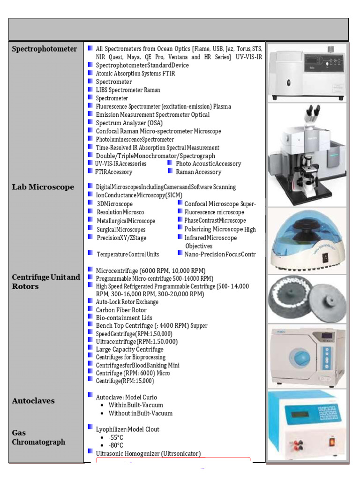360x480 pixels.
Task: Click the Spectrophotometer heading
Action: (45, 49)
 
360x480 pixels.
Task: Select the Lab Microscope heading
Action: (43, 187)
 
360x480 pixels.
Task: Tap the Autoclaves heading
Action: (33, 401)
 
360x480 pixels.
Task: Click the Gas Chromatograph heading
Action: (38, 437)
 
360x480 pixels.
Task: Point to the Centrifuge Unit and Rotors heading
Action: (46, 281)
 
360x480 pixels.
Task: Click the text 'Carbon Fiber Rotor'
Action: (121, 310)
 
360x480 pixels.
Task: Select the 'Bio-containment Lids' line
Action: (124, 318)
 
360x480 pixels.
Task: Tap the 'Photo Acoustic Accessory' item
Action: (208, 164)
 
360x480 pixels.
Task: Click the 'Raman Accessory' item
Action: (198, 172)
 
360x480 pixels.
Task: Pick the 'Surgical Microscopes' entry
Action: (121, 230)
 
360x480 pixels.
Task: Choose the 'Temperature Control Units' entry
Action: (127, 254)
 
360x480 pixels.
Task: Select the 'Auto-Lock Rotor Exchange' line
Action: (127, 302)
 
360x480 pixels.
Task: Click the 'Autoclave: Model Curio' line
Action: (127, 397)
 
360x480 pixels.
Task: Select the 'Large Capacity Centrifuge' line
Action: (129, 349)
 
